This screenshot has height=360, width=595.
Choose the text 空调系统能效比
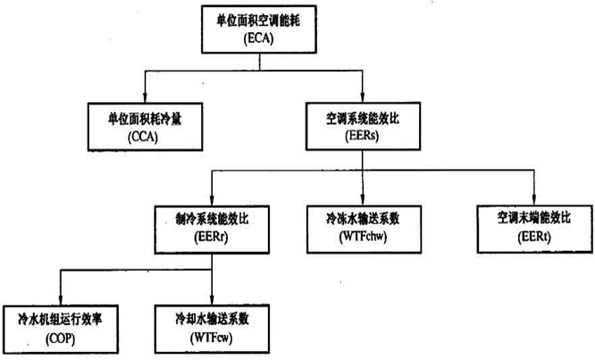362,115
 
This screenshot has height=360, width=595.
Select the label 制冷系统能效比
210,215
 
